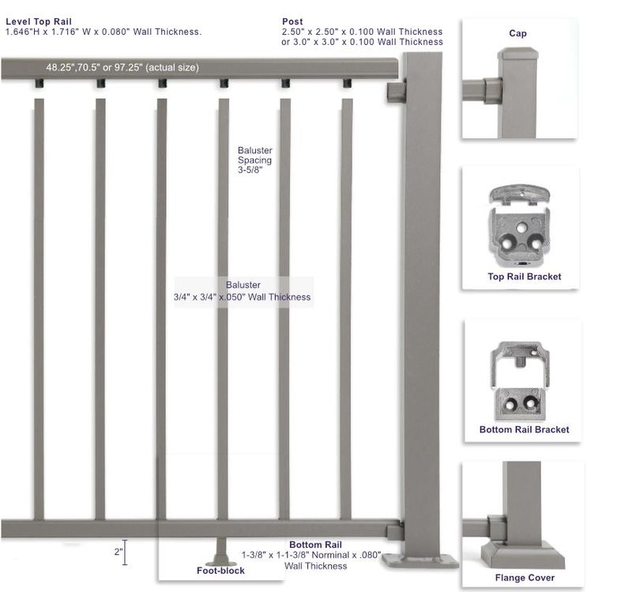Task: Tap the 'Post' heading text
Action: coord(292,21)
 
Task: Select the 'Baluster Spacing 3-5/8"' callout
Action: coord(254,160)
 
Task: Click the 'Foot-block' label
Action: coord(220,571)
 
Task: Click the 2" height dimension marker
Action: coord(123,552)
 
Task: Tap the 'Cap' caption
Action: coord(518,34)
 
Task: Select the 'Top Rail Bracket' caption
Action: coord(525,277)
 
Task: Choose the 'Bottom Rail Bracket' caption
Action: coord(524,430)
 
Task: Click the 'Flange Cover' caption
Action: coord(525,578)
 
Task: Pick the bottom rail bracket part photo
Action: coord(518,381)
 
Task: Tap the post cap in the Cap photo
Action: coord(518,56)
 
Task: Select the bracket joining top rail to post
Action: coord(396,92)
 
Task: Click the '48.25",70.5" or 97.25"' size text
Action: coord(122,68)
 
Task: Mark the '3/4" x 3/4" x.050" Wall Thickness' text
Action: coord(242,298)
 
